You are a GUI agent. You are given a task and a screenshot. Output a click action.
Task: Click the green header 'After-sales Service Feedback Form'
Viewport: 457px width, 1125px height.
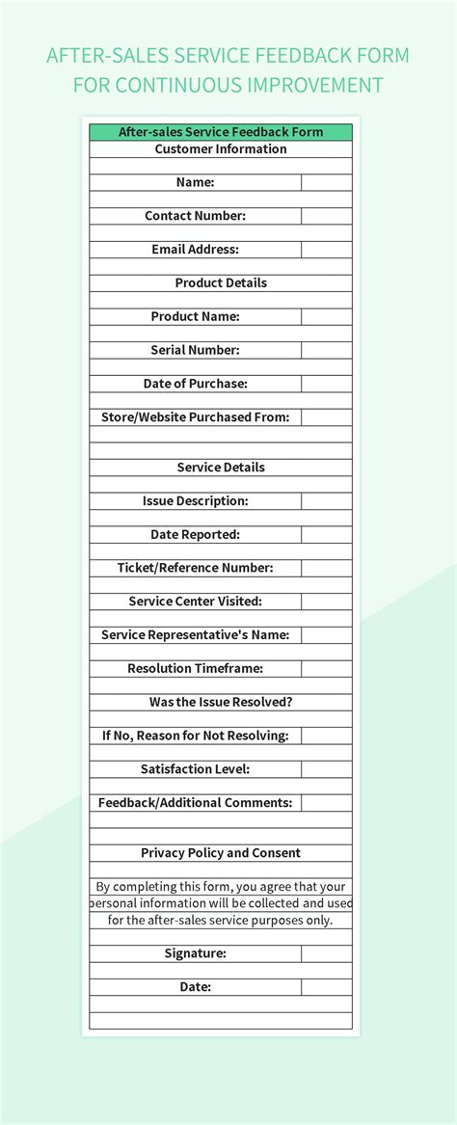tap(221, 132)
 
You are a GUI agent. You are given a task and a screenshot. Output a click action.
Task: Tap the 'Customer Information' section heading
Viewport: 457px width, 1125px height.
tap(221, 149)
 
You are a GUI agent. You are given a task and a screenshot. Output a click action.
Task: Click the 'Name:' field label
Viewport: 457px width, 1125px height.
tap(195, 182)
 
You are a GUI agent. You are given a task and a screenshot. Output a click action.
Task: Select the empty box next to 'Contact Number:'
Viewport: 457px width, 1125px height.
tap(326, 216)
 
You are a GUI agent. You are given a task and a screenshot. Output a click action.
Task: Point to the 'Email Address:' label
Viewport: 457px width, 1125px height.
tap(195, 250)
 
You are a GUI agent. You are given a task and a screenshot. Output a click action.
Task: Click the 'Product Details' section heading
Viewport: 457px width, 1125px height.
tap(221, 283)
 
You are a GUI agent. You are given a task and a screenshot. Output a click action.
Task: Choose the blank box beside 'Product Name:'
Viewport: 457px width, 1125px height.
tap(326, 316)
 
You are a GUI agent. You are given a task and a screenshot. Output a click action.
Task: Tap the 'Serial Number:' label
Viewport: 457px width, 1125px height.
tap(195, 350)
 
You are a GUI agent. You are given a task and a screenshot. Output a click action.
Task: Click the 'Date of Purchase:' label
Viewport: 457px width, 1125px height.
tap(195, 384)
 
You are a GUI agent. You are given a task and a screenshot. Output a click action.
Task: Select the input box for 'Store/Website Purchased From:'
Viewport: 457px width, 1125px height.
tap(326, 417)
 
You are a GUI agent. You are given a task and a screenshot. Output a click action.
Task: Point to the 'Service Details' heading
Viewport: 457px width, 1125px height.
tap(221, 468)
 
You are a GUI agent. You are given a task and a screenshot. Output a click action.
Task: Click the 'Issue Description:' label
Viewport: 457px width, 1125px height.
tap(195, 501)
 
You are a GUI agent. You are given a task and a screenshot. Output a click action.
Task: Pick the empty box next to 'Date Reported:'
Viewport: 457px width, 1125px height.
tap(326, 534)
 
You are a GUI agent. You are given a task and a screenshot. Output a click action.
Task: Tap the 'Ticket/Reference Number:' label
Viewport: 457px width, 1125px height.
tap(195, 568)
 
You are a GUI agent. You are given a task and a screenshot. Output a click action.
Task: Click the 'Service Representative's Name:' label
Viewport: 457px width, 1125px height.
tap(195, 635)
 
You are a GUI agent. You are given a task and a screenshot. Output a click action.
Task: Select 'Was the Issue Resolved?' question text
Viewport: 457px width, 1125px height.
tap(221, 702)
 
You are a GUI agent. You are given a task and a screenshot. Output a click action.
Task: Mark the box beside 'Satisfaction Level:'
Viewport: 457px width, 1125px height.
tap(326, 769)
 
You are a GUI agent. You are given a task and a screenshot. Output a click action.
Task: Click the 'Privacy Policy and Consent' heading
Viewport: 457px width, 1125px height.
tap(221, 853)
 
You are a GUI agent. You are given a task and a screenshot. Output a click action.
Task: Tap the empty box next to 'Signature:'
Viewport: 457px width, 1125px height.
tap(326, 953)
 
